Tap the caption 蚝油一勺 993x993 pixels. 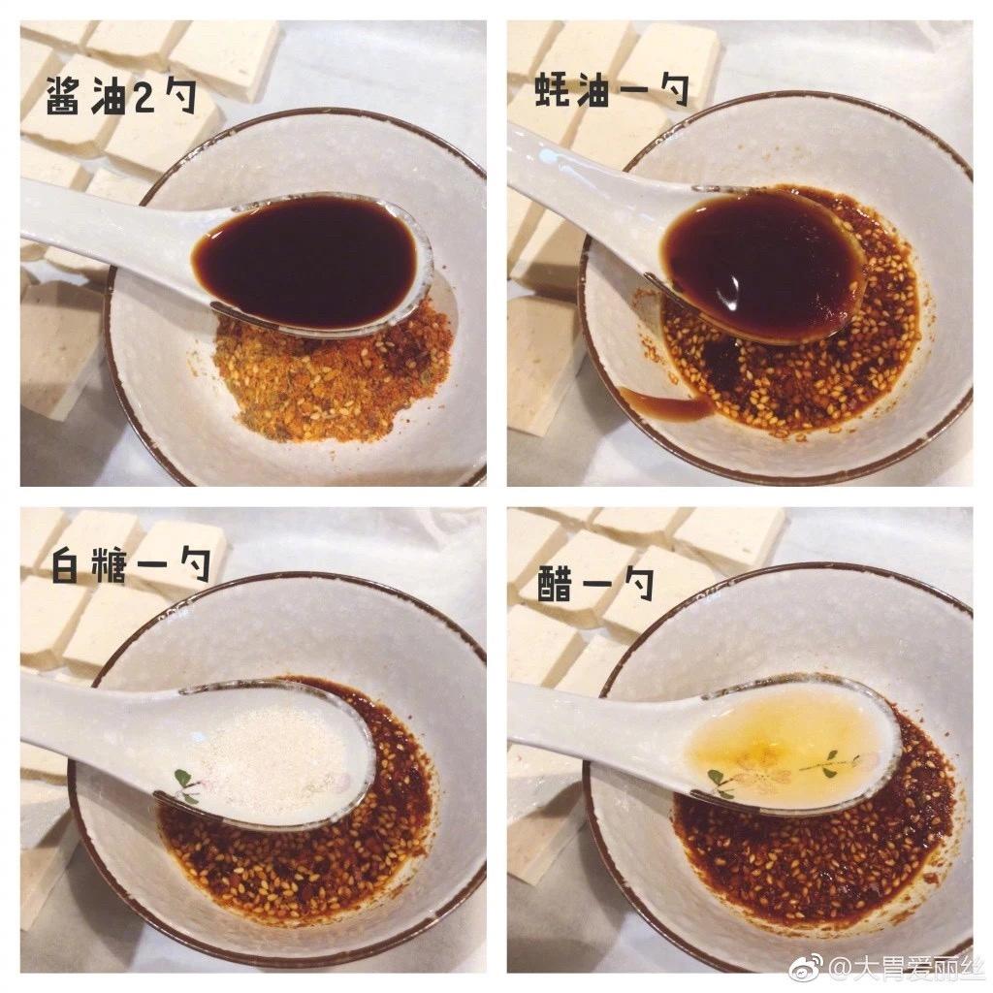point(611,91)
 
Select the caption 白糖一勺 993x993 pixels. point(130,564)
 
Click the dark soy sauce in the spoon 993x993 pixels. point(310,260)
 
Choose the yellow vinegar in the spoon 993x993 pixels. point(776,742)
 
